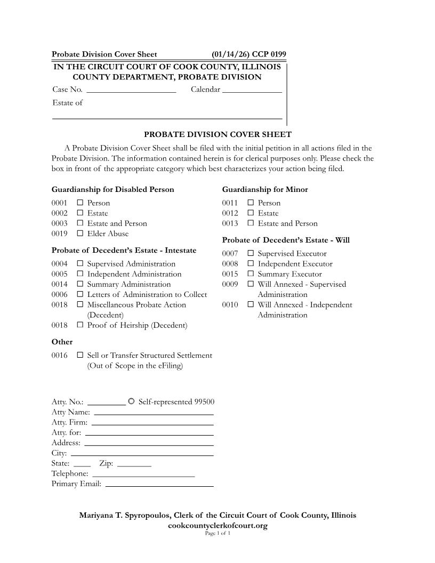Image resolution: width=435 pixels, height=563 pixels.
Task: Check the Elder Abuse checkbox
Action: click(x=80, y=234)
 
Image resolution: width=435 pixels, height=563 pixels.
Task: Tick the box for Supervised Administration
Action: click(x=80, y=264)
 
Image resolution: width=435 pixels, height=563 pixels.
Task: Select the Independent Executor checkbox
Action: click(x=251, y=264)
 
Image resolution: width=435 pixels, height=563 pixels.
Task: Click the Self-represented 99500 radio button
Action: click(x=132, y=401)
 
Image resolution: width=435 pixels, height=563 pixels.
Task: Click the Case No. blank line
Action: click(x=131, y=90)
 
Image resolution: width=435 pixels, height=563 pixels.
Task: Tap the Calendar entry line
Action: click(x=252, y=90)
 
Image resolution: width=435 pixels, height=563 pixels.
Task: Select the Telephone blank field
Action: click(x=143, y=473)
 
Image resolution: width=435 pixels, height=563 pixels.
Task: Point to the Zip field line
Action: click(x=134, y=463)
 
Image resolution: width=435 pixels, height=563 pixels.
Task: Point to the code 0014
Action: click(x=60, y=285)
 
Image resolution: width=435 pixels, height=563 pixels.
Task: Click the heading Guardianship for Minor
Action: click(x=265, y=190)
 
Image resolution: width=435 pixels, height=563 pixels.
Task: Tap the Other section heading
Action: click(x=62, y=342)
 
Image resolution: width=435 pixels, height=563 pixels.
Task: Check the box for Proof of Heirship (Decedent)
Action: click(x=80, y=325)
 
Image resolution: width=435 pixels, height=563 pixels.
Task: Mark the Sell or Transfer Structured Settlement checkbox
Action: click(x=80, y=355)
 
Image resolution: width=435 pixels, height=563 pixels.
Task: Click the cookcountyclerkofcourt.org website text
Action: click(x=217, y=526)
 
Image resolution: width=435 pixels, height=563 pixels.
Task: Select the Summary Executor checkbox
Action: click(x=251, y=274)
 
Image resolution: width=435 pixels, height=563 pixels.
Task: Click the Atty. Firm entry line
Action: click(x=152, y=422)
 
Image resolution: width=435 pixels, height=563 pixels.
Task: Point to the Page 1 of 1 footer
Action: click(x=217, y=533)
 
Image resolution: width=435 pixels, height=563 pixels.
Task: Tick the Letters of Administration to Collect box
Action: click(x=80, y=294)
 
